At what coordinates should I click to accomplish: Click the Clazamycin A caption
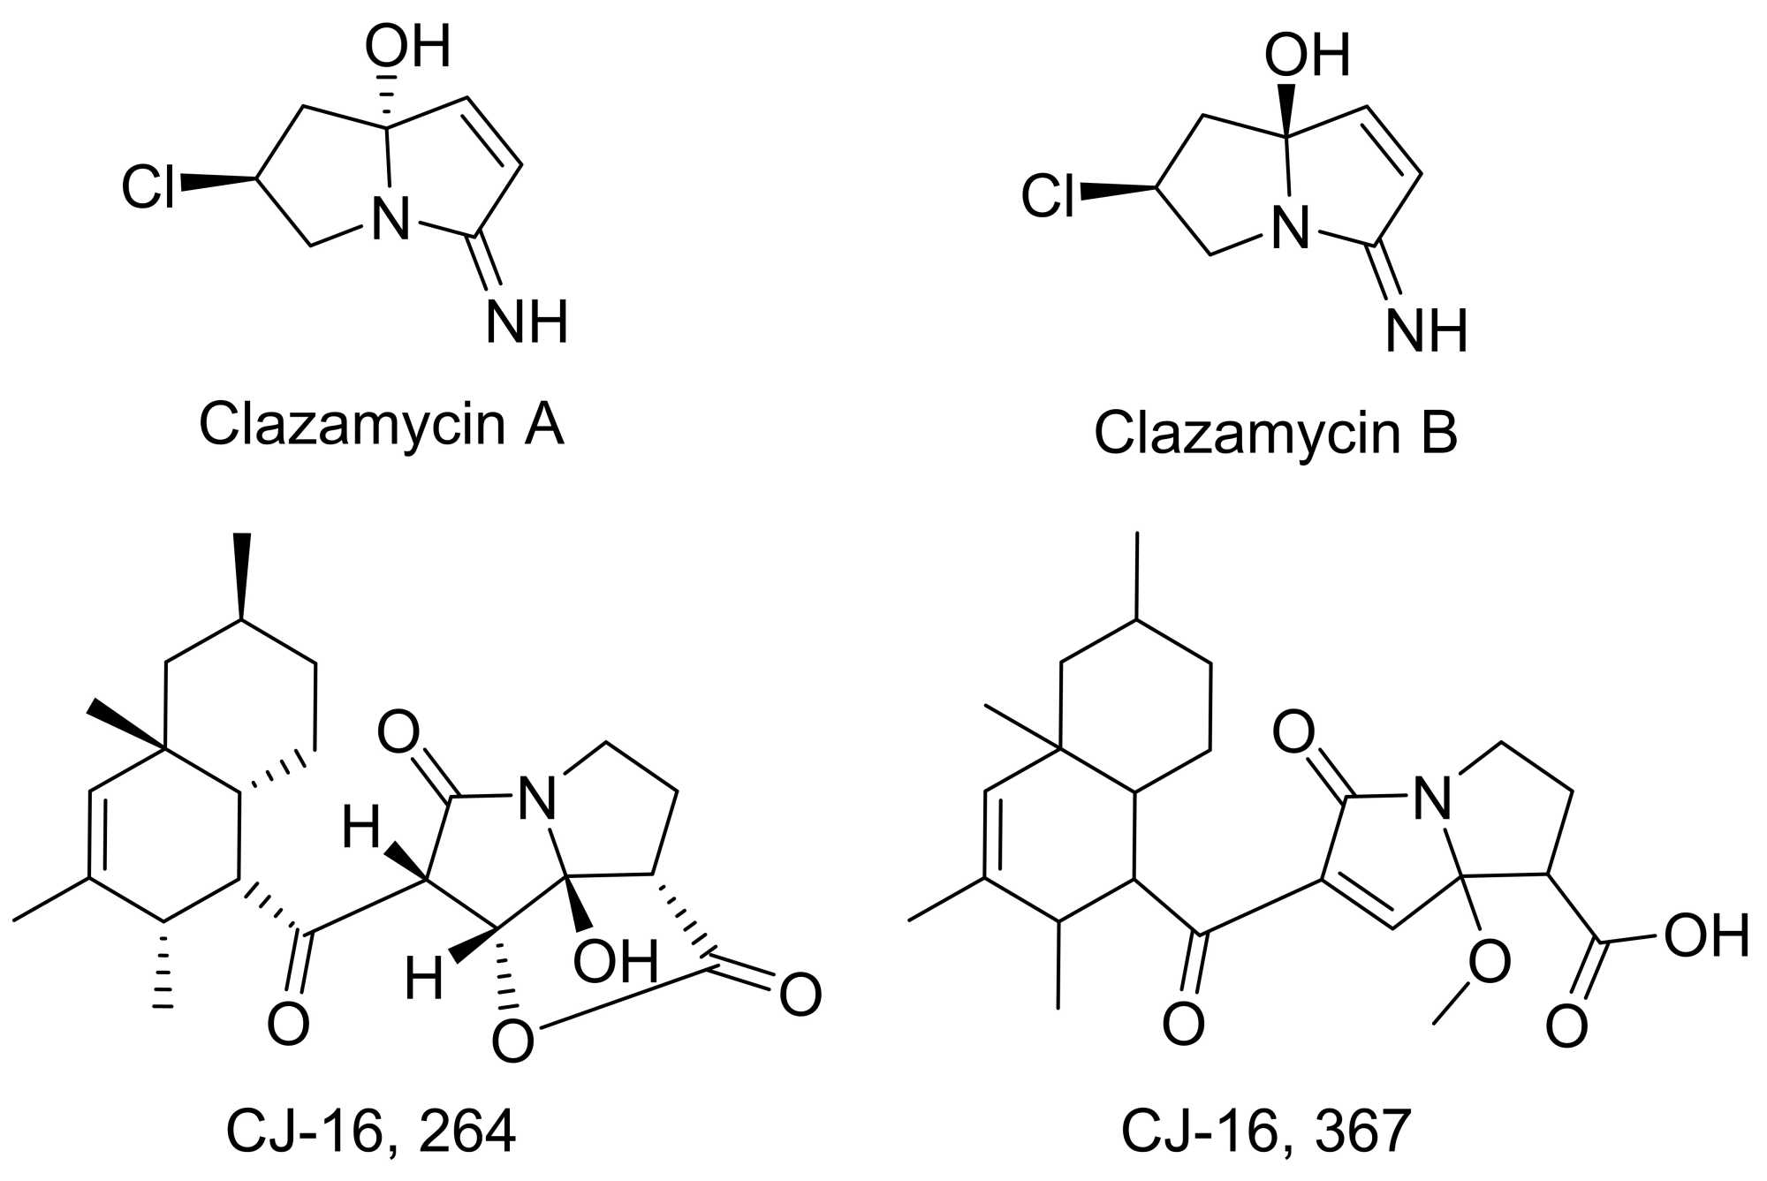point(381,425)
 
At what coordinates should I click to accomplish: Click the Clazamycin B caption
point(1275,434)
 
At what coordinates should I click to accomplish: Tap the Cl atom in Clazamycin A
point(148,187)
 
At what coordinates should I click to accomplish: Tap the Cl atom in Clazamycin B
point(1048,196)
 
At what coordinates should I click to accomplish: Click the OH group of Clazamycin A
point(407,46)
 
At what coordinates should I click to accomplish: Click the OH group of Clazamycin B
point(1307,56)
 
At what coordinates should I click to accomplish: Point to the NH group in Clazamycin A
point(527,322)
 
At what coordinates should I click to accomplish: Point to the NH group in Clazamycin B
point(1426,331)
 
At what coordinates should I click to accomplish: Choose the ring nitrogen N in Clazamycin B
point(1290,228)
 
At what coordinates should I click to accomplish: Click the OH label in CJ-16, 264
point(616,961)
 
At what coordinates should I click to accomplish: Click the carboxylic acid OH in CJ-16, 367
point(1707,936)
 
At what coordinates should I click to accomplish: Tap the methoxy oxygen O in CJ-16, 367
point(1489,962)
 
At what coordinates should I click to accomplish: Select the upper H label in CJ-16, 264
point(362,829)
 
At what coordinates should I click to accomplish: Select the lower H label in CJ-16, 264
point(424,980)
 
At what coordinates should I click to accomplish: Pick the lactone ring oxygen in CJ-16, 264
point(513,1040)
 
